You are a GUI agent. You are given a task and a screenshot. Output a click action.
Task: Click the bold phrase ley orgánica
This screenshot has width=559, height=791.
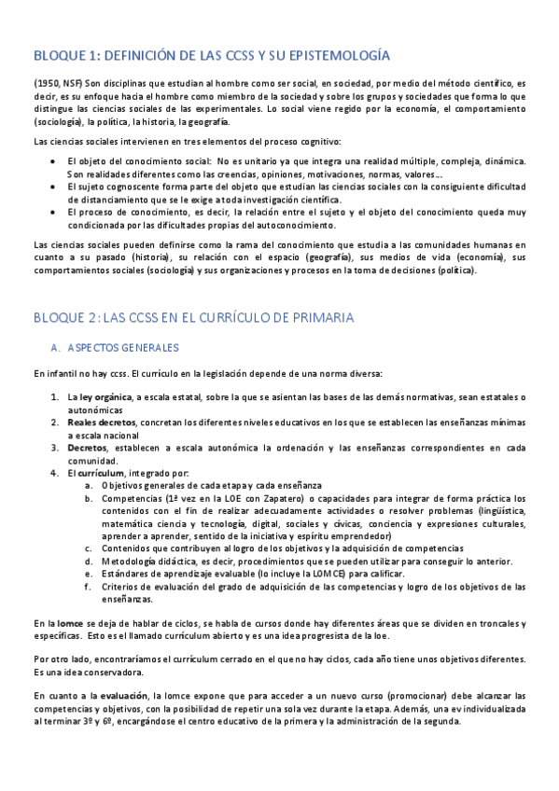106,397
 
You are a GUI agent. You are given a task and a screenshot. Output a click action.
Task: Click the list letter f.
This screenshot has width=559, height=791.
88,587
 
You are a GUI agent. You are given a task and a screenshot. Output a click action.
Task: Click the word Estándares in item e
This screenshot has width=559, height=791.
131,574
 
